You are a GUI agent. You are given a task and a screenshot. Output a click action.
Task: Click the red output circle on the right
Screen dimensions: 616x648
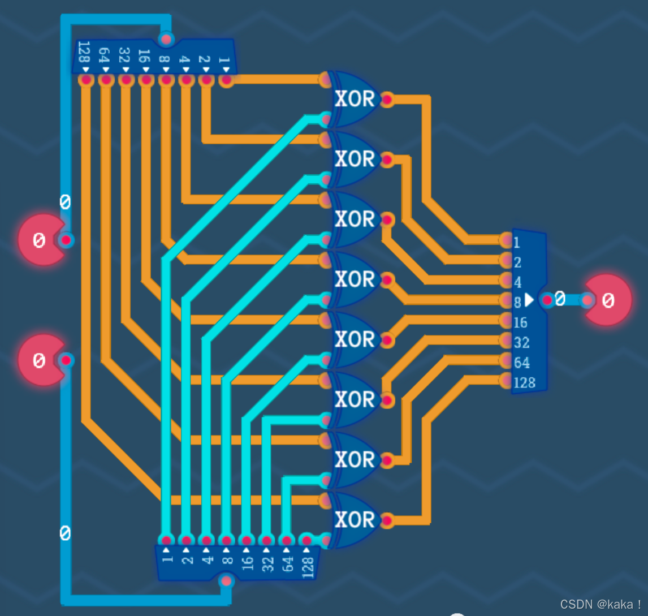coord(607,300)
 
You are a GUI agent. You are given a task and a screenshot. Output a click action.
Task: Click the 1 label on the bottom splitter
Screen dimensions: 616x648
coord(167,559)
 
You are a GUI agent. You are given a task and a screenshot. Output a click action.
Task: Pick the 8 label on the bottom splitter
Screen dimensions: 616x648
coord(227,561)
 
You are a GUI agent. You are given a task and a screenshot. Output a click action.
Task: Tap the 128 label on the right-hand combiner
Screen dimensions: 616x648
coord(524,383)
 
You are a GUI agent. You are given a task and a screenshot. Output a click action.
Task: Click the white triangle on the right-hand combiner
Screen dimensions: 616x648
coord(529,300)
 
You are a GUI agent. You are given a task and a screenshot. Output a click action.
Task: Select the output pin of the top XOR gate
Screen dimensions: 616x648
coord(387,100)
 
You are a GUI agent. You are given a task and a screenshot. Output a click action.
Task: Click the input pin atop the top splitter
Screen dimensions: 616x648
coord(166,39)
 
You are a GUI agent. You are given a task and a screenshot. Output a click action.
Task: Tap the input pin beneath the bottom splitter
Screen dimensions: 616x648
coord(227,581)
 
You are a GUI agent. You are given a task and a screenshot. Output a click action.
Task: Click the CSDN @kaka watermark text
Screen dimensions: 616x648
coord(601,604)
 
